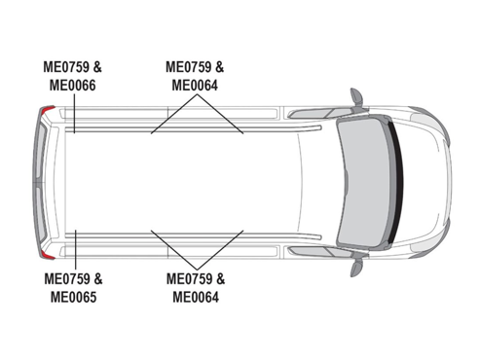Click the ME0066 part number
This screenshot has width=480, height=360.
tap(73, 86)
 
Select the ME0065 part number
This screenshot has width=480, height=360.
tap(74, 297)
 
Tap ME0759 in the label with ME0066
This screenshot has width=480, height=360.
tap(66, 67)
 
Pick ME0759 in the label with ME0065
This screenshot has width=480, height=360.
tap(67, 279)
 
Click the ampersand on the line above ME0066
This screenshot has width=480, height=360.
tap(97, 67)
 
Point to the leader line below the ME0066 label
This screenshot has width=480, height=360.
tap(74, 113)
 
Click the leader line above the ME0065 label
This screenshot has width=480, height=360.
tap(75, 249)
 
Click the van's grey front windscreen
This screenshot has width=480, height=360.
tap(362, 182)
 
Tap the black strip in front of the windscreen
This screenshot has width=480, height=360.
tap(397, 182)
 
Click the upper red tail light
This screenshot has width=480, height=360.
tap(49, 109)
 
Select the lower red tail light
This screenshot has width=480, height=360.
tap(49, 256)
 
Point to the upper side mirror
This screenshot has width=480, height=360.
tap(356, 96)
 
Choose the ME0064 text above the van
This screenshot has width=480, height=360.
tap(195, 86)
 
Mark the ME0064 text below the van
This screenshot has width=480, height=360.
tap(196, 297)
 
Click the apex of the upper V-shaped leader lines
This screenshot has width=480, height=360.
tap(197, 94)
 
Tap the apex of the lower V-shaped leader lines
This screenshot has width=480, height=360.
tap(197, 270)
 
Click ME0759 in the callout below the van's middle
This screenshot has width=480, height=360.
tap(189, 279)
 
